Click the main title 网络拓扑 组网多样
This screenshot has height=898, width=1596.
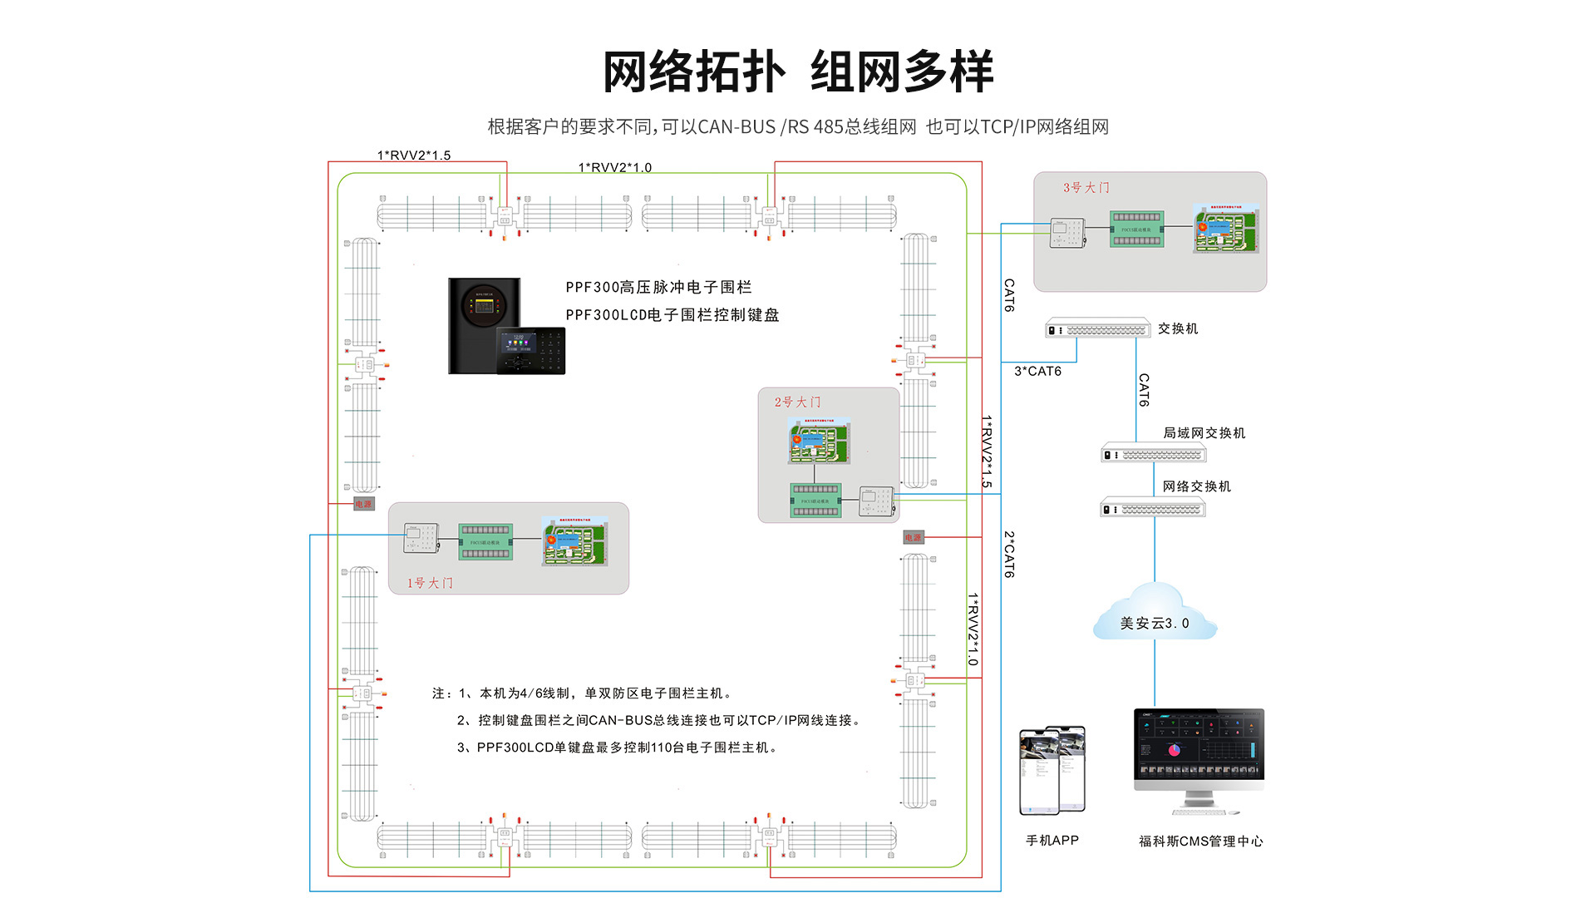(797, 72)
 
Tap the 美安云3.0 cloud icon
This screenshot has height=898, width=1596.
(1155, 615)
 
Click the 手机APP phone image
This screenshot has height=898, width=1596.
(1052, 770)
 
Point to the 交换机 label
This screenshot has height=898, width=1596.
(1178, 328)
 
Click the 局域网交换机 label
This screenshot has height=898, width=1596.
(1204, 432)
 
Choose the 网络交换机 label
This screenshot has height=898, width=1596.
(1196, 486)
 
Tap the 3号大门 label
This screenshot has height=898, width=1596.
(1086, 188)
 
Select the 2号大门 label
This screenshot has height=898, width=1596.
(797, 402)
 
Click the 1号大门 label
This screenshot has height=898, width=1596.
(430, 583)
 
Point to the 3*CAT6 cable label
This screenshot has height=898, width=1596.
(1037, 372)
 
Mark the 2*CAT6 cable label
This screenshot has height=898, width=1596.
(1009, 555)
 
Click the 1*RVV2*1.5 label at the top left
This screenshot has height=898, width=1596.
(414, 155)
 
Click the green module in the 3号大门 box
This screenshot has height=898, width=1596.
(1136, 229)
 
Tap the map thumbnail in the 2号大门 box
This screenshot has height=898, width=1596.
(819, 441)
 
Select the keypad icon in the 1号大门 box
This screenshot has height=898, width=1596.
(421, 539)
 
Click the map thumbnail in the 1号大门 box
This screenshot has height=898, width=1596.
(574, 541)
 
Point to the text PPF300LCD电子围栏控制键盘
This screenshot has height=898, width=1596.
(672, 315)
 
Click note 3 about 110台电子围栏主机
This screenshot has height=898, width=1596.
(618, 748)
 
